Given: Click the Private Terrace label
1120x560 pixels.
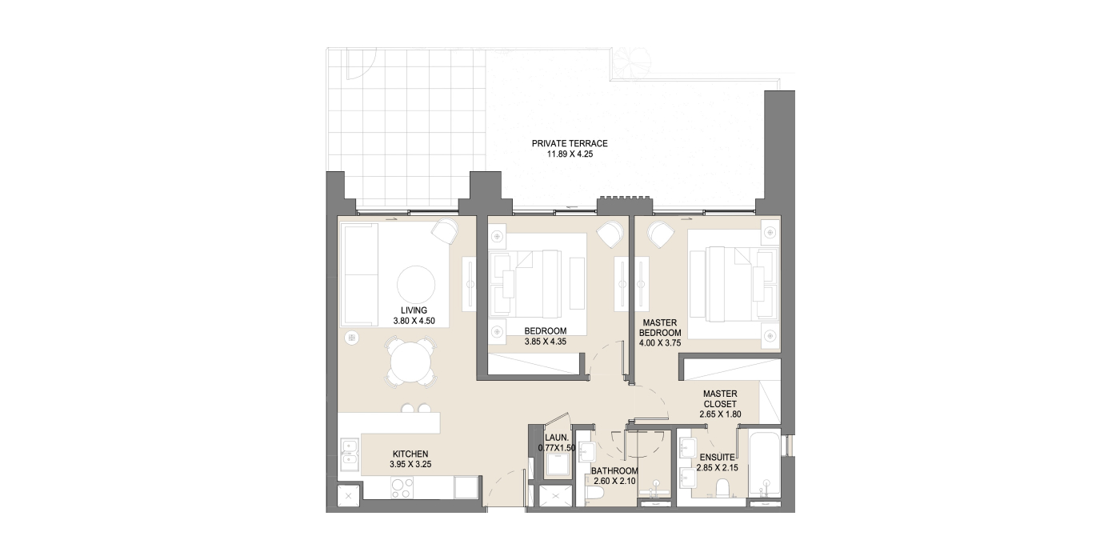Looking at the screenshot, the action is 570,143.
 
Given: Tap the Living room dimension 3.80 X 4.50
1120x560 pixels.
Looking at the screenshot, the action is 414,321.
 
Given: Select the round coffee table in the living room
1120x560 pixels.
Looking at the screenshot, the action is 416,284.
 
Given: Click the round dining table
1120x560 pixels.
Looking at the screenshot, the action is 410,362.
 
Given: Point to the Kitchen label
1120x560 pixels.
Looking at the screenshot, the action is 410,454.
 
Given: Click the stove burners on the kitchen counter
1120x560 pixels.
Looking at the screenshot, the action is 402,488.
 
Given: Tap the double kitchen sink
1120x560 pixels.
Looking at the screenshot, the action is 349,454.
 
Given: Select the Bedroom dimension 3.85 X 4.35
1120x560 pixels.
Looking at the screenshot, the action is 545,342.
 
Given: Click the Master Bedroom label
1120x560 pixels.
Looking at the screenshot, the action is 660,327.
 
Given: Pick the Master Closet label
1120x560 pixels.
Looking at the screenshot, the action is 720,399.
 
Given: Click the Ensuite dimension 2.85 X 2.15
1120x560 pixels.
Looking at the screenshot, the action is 717,468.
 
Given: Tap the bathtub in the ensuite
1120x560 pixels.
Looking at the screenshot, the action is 765,464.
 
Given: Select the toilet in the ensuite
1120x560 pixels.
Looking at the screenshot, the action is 723,488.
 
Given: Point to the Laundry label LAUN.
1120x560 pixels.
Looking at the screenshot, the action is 557,438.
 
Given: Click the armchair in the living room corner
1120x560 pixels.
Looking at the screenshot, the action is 445,231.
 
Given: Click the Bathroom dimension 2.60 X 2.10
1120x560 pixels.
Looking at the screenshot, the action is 614,481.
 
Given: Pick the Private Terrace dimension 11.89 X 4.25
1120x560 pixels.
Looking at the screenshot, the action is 570,154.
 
